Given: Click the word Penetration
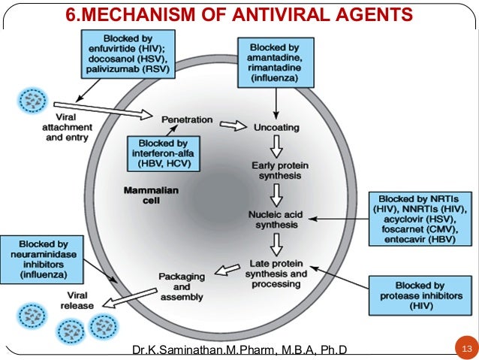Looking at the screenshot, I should (187, 119).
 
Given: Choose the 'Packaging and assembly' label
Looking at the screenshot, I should (181, 286).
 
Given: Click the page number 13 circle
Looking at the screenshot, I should (466, 348).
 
